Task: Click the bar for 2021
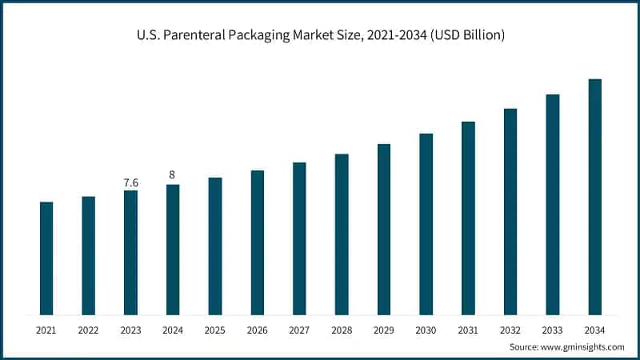[46, 258]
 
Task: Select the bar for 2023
[130, 252]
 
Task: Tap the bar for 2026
[257, 242]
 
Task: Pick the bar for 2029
[384, 229]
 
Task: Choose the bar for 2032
[510, 211]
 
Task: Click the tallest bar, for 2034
[594, 197]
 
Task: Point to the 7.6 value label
[130, 183]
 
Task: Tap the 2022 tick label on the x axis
[88, 329]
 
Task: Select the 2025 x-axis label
[215, 329]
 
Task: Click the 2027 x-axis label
[299, 329]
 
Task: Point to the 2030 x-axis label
[426, 329]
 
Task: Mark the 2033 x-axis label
[552, 329]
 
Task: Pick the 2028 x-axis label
[342, 329]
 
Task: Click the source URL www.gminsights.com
[582, 346]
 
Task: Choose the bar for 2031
[468, 218]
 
